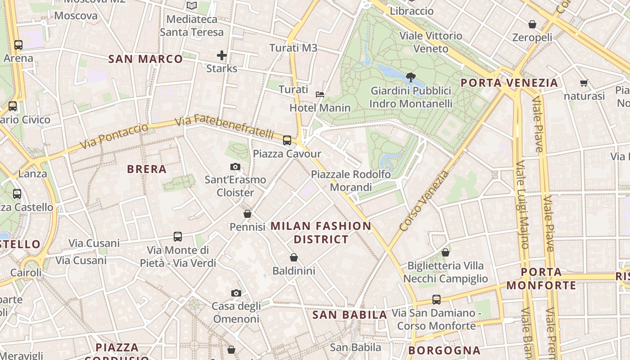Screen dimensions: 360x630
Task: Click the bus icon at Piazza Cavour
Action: pyautogui.click(x=287, y=140)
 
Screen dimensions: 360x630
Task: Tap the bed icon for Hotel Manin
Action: pyautogui.click(x=320, y=94)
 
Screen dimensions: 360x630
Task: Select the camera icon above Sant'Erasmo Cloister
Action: pyautogui.click(x=235, y=167)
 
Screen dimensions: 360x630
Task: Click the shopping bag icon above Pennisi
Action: pyautogui.click(x=247, y=214)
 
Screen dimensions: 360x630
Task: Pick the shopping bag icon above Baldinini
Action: pyautogui.click(x=294, y=257)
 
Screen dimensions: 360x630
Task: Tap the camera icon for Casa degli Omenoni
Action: pyautogui.click(x=236, y=293)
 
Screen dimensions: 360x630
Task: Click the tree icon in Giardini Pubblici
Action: pyautogui.click(x=410, y=77)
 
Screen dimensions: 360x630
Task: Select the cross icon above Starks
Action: pyautogui.click(x=221, y=55)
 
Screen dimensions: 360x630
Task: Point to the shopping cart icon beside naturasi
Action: pyautogui.click(x=584, y=83)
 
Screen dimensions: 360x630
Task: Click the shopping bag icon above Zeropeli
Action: pyautogui.click(x=532, y=24)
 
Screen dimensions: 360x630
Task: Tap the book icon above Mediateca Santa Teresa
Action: pyautogui.click(x=192, y=6)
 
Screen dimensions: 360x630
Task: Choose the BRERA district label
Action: pyautogui.click(x=147, y=169)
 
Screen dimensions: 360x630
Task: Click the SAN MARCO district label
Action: pyautogui.click(x=146, y=59)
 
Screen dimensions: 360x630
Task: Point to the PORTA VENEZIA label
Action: pyautogui.click(x=509, y=83)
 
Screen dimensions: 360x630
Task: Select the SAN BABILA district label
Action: pyautogui.click(x=350, y=315)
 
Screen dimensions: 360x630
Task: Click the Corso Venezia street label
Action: pyautogui.click(x=424, y=201)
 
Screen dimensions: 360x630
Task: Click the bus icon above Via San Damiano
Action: pyautogui.click(x=436, y=299)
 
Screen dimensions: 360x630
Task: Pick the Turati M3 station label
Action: pyautogui.click(x=293, y=48)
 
